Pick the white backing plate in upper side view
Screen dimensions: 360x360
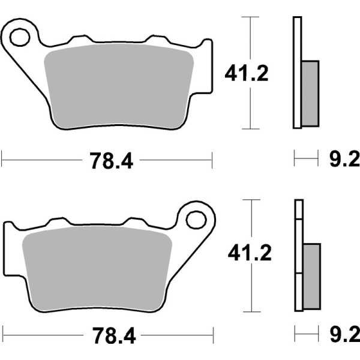point(296,72)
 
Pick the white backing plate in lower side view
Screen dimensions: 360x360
point(298,255)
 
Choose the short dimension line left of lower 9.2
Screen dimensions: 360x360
point(307,331)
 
